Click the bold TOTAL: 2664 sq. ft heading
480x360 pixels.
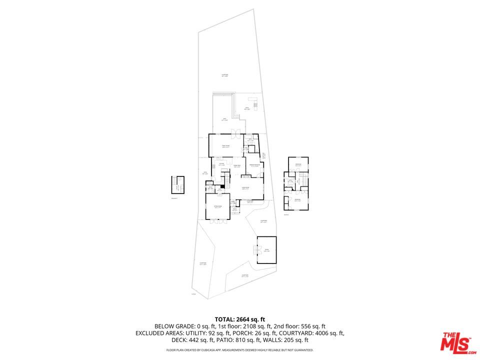[239, 319]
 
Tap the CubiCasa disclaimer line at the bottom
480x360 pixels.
[239, 350]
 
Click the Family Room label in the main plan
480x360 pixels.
[225, 146]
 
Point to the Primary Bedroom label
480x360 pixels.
[254, 165]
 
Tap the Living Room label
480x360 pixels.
[245, 188]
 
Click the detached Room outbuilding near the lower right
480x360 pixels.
[266, 250]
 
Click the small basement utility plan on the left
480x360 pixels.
[177, 184]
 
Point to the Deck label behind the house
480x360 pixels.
[224, 119]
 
